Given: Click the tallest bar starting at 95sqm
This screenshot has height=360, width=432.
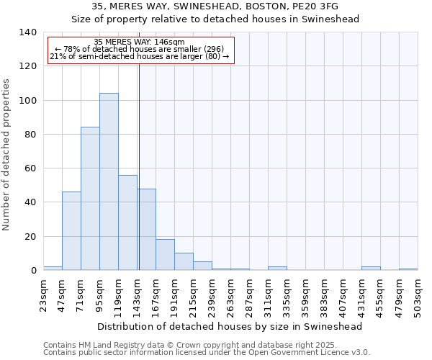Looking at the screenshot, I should pos(109,181).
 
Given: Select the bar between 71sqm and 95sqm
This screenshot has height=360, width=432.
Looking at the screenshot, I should pos(90,199).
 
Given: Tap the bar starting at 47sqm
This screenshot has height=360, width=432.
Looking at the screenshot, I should pos(71,230).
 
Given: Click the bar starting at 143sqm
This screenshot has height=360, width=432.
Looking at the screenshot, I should pos(147,229).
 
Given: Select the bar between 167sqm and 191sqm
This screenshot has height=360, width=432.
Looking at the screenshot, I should pos(165,255).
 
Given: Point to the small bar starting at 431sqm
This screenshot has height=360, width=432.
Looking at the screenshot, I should pos(371,269).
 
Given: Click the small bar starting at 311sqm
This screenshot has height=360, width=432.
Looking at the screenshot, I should pos(277,269).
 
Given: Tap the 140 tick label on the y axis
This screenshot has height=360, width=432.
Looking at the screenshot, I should pos(27,32).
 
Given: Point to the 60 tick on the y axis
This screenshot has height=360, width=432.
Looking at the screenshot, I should pos(30,168).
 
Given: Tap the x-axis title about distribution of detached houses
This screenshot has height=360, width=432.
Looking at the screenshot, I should pos(230,326).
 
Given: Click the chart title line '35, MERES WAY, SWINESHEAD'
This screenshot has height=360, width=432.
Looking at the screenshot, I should pos(215,6).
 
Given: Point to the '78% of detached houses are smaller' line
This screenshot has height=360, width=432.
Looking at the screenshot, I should pos(140,50).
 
